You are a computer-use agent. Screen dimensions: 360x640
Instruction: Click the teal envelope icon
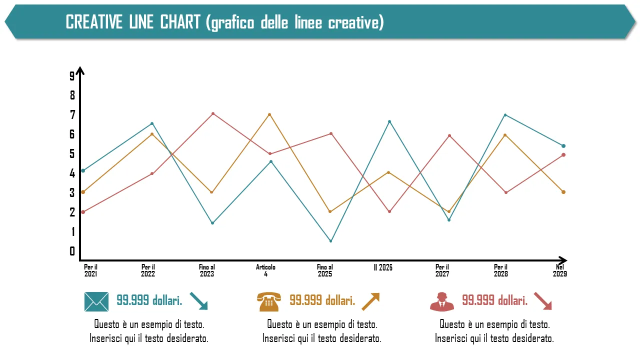[x=96, y=301]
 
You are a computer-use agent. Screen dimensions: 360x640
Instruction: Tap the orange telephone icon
[x=269, y=301]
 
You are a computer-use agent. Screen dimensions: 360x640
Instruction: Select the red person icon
[x=442, y=301]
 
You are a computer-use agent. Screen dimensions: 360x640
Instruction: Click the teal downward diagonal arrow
[x=198, y=301]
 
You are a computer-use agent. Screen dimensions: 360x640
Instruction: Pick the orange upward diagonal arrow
[x=370, y=301]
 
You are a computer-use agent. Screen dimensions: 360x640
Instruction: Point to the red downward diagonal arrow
[x=542, y=301]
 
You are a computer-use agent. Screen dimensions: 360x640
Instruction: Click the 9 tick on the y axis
[x=72, y=76]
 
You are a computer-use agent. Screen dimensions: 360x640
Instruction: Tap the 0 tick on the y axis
[x=72, y=251]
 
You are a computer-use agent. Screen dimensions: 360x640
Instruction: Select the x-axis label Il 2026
[x=383, y=267]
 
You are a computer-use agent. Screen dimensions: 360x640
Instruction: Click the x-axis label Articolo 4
[x=265, y=270]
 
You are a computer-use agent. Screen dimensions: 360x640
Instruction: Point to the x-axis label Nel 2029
[x=559, y=270]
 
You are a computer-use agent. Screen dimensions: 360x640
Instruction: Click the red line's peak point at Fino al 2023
[x=213, y=114]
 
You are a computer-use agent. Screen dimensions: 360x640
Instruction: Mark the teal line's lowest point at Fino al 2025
[x=330, y=241]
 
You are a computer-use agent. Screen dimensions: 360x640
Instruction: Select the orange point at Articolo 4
[x=269, y=114]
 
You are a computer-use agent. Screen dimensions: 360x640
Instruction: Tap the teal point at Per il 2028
[x=505, y=115]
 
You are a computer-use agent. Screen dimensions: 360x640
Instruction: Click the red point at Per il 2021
[x=83, y=212]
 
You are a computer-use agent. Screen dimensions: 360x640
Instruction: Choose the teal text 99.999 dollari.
[x=149, y=300]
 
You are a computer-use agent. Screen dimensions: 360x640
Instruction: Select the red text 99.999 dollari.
[x=494, y=300]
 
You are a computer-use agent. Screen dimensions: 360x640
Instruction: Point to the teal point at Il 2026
[x=389, y=121]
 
